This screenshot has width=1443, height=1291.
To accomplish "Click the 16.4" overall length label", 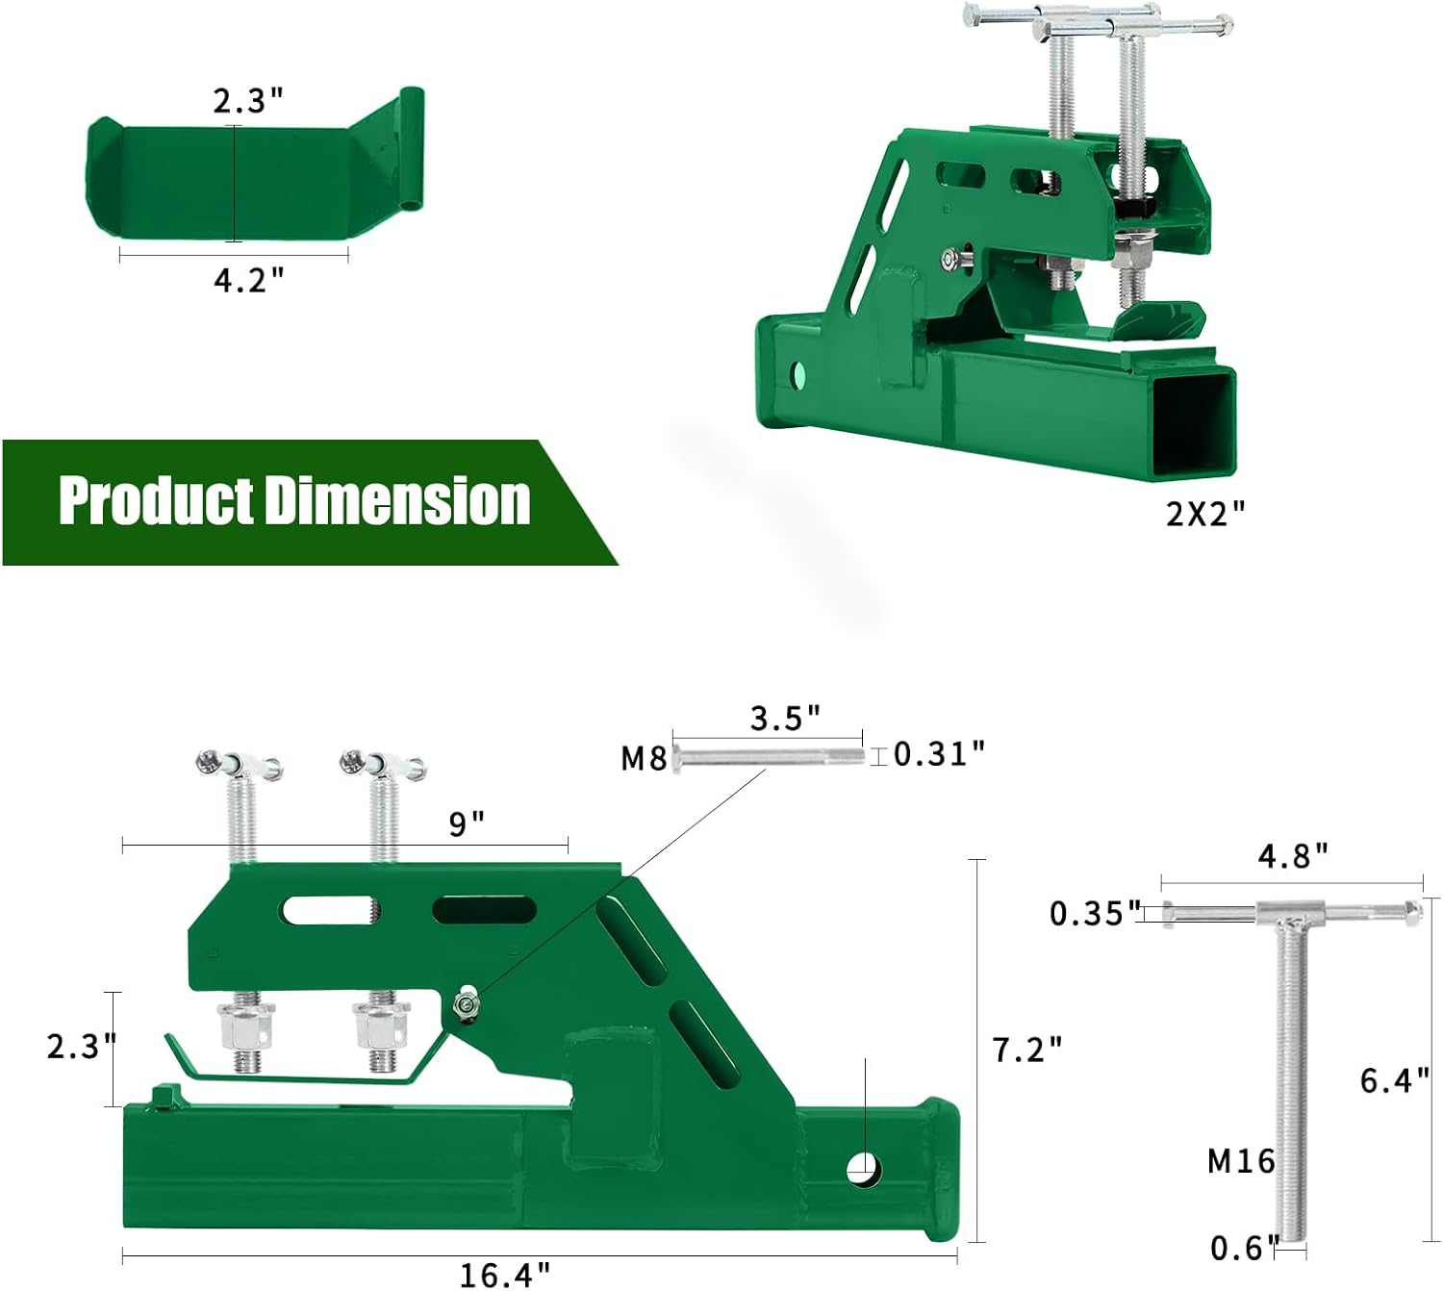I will [x=505, y=1275].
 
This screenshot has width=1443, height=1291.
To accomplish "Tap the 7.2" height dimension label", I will [x=1027, y=1050].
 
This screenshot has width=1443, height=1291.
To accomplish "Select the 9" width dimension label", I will [x=467, y=823].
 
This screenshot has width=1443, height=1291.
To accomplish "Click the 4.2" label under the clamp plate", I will [x=249, y=280].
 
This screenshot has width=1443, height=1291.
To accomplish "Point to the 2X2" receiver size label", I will [x=1204, y=514].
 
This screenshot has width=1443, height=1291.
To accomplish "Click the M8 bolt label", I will [x=644, y=759].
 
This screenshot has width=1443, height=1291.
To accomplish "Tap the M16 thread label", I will [x=1241, y=1161].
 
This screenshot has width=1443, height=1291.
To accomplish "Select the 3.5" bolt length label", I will [x=785, y=718].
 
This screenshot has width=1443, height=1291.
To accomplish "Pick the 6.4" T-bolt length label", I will [x=1394, y=1080].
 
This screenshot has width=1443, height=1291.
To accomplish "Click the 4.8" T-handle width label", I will [x=1293, y=855].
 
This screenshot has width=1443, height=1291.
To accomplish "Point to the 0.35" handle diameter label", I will [x=1095, y=913].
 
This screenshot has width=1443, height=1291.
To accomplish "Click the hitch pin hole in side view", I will [x=863, y=1169].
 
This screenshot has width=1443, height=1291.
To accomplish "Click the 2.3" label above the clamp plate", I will [x=248, y=101].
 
